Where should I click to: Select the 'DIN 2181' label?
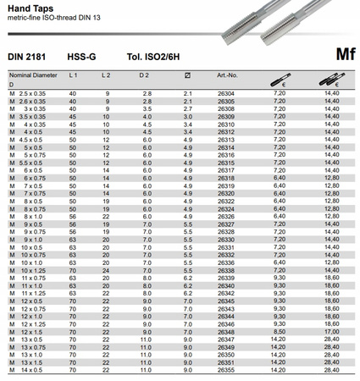(26, 56)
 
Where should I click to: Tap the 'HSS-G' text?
(81, 56)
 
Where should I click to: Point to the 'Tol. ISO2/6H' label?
(152, 56)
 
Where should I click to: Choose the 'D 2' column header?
(146, 75)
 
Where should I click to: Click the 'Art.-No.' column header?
(227, 75)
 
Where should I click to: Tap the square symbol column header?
(187, 75)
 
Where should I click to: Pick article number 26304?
(225, 93)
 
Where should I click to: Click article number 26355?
(225, 370)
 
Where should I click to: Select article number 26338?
(225, 270)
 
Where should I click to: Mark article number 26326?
(225, 216)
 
